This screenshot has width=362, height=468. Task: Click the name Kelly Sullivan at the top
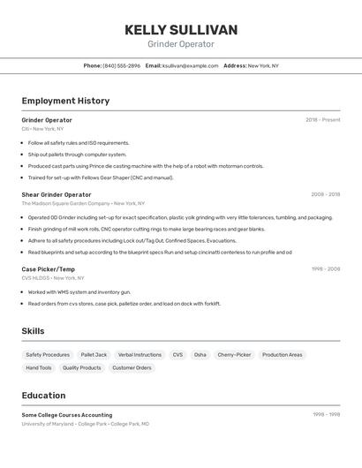point(181,30)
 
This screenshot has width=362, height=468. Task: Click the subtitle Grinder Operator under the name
point(181,44)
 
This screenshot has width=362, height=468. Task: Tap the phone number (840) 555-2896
point(121,65)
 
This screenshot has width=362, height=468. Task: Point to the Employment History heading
point(65,101)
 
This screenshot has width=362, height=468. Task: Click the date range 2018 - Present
point(322,120)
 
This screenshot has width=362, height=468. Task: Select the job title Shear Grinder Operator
point(57,194)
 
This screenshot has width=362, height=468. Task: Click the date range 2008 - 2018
point(325,194)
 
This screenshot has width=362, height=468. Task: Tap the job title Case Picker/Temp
point(49,269)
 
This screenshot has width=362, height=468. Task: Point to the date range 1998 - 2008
point(325,269)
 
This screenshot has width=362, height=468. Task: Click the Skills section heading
point(34,331)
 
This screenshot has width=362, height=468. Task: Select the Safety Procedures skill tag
point(48,354)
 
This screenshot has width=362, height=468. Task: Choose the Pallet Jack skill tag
point(94,354)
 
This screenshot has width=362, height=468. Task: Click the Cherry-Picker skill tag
point(234,354)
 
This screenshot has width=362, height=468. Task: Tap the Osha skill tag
point(200,354)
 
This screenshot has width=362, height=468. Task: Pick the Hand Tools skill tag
point(39,367)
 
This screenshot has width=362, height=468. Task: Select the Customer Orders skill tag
point(132,367)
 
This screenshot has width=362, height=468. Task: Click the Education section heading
point(43,396)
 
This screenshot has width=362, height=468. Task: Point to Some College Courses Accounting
point(67,414)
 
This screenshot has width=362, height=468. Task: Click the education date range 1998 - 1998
point(326,414)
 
